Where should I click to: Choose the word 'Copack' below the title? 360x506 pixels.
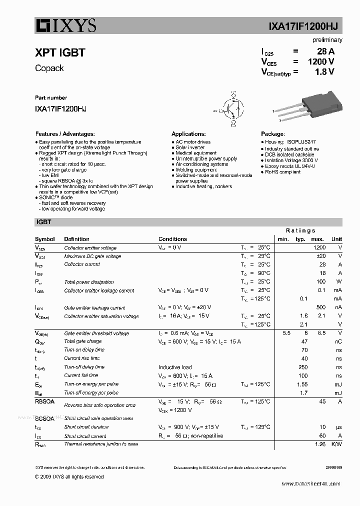(x=49, y=68)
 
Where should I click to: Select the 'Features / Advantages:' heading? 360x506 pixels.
(x=64, y=134)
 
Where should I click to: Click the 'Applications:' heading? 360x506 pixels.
(x=188, y=134)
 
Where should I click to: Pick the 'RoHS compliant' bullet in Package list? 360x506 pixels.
(x=282, y=171)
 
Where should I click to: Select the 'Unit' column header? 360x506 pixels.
(x=336, y=239)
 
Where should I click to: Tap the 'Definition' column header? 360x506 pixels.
(x=77, y=239)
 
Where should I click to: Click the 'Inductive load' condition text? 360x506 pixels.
(x=175, y=367)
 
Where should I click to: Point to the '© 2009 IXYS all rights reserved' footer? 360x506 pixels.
(x=69, y=476)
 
